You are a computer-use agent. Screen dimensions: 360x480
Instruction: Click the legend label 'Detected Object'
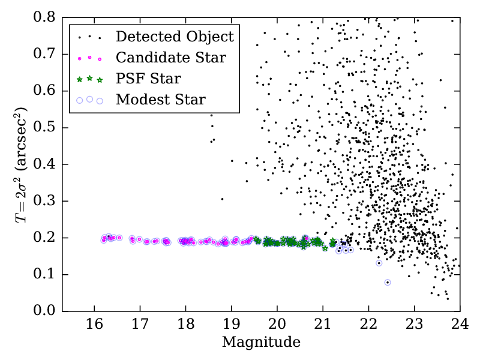174,37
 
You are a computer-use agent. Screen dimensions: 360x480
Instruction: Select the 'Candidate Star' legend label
171,58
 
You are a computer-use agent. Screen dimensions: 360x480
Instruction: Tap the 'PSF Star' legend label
148,79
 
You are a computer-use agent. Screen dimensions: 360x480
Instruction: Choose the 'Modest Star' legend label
161,100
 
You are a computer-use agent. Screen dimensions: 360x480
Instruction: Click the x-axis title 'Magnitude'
261,343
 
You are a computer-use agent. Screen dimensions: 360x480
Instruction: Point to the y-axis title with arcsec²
22,164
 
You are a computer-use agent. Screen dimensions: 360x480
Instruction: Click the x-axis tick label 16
94,325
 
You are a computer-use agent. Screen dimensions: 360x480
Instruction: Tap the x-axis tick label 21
323,325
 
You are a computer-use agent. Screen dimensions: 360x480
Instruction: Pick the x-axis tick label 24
460,325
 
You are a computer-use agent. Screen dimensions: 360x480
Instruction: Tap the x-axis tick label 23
414,325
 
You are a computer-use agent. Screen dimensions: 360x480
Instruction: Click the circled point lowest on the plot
388,283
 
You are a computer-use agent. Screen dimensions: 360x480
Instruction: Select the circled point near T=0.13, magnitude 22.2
379,263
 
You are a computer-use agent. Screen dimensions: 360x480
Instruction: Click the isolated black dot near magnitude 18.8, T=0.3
222,199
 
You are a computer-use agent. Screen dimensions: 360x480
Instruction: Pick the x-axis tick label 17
140,325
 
